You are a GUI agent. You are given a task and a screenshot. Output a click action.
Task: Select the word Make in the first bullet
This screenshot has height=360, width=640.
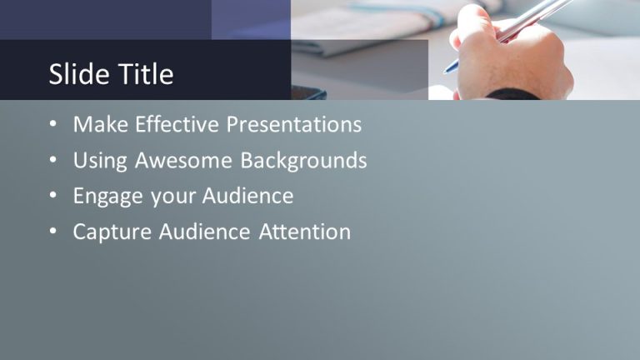click(100, 125)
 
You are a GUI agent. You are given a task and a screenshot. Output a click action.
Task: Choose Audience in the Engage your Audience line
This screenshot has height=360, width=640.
click(246, 197)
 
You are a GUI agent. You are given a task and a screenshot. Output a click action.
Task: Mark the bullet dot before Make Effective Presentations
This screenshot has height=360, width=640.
click(53, 125)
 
